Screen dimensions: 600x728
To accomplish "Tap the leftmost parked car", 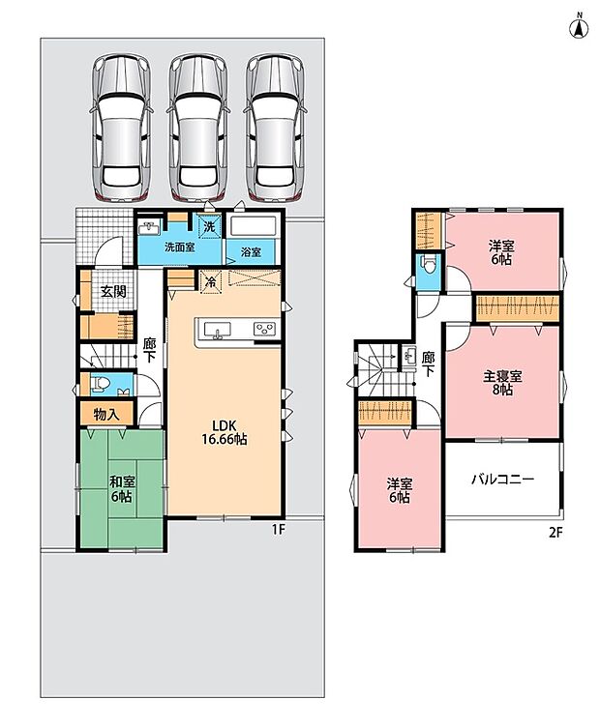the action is [121, 129].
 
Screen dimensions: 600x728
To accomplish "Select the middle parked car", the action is [199, 129].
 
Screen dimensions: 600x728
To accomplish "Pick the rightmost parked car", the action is [276, 129].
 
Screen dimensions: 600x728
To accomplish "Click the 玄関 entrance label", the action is [114, 292].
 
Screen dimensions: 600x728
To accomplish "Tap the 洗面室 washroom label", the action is [179, 247].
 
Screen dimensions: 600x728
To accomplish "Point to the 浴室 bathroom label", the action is [251, 252].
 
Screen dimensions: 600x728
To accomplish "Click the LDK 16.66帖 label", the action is [225, 432].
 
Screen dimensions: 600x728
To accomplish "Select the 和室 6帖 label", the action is [121, 489].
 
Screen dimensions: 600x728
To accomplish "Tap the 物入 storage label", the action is [106, 414].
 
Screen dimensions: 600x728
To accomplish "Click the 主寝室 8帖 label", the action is [502, 382].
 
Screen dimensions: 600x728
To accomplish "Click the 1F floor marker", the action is [278, 530].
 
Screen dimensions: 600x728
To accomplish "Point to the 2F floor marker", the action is [555, 533].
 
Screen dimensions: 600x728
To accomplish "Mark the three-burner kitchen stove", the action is [264, 329].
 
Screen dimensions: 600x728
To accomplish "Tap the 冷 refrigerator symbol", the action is [211, 281].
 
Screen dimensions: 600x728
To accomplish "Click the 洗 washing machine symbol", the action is [210, 227].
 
